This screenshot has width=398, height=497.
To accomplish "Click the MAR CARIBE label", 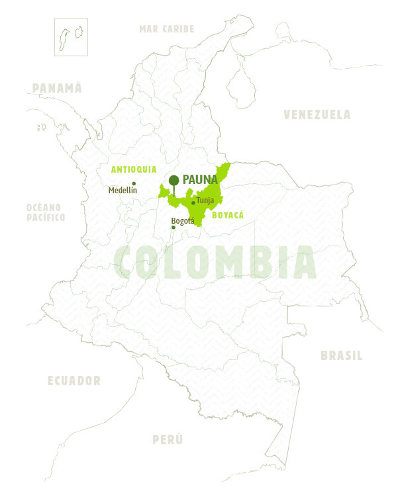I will (167, 29).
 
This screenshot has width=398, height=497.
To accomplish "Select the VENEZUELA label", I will (317, 114).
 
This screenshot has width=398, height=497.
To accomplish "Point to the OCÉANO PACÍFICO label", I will (46, 212).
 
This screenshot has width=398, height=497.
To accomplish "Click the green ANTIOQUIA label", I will (133, 170).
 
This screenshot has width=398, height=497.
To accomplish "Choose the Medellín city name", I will (123, 191).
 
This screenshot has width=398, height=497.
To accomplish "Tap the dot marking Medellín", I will (134, 183).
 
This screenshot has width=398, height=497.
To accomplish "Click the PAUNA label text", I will (200, 179).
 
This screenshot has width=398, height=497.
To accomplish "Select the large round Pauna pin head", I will (174, 180).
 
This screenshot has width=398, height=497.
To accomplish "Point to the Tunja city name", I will (205, 201).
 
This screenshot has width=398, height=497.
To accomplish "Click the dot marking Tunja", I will (193, 203).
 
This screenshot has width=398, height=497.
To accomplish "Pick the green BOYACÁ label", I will (228, 215).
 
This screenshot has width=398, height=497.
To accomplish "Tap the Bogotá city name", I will (183, 220).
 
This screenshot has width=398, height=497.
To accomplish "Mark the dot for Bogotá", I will (174, 228).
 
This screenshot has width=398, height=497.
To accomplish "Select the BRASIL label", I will (341, 356).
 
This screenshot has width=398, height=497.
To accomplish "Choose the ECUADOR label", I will (74, 381).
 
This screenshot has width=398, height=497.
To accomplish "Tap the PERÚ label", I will (168, 439).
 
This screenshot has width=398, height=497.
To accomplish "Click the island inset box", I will (72, 36).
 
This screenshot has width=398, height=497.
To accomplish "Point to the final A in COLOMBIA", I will (303, 262).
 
